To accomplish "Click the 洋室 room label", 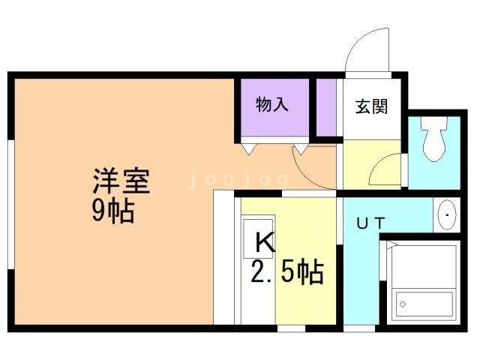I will click(122, 181).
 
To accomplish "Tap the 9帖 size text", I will click(113, 212).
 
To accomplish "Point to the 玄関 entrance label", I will click(371, 106).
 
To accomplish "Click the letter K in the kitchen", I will click(263, 241).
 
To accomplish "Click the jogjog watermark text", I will click(238, 180).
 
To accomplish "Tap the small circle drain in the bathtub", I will click(403, 304).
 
